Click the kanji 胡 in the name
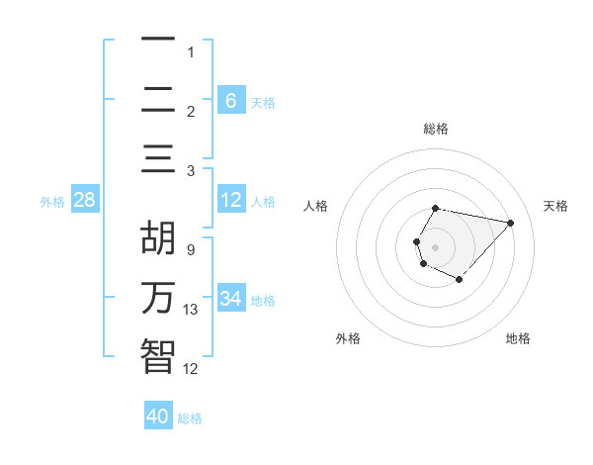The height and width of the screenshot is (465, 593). [x=158, y=240]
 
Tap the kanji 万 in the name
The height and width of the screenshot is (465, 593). [x=158, y=298]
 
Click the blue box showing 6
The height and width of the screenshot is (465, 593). [x=230, y=100]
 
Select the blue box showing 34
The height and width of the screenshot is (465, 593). [x=230, y=299]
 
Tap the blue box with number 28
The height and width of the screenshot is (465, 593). [x=84, y=201]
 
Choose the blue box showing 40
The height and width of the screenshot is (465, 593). [x=158, y=417]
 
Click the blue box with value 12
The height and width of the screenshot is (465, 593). [x=230, y=201]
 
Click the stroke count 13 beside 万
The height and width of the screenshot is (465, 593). [x=191, y=310]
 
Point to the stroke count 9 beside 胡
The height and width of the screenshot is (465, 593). [x=191, y=250]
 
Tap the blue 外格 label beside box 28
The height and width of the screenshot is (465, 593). [x=52, y=202]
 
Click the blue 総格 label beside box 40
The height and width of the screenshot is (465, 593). [x=190, y=418]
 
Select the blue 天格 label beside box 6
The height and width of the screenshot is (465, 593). [x=263, y=102]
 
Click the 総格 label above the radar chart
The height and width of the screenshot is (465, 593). [x=436, y=129]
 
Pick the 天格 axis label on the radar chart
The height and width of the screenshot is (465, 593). [x=555, y=206]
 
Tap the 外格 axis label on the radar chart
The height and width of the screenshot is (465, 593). [x=348, y=338]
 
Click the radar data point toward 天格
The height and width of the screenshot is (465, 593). [x=510, y=223]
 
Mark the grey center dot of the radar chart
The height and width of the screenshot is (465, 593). [x=436, y=246]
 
